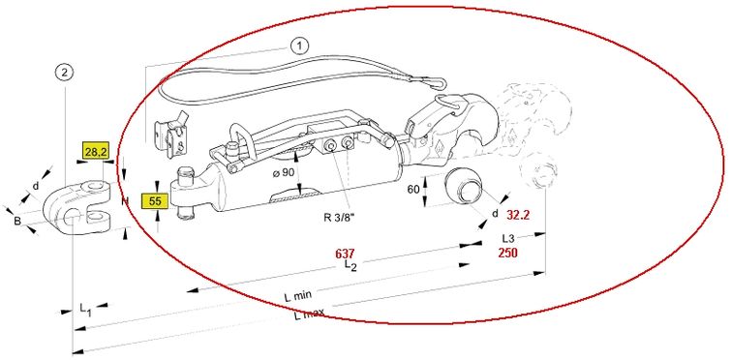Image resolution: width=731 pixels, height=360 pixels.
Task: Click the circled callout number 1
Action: point(298,45)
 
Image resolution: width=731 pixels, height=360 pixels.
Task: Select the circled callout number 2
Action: point(64,73)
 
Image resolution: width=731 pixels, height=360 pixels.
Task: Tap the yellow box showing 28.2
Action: point(96,151)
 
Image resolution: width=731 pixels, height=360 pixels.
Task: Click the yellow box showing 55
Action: point(155,201)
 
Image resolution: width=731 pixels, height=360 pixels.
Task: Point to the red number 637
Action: point(346,254)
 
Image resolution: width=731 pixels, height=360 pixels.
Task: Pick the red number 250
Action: point(507,253)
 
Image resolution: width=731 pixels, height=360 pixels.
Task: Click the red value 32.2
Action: point(519,215)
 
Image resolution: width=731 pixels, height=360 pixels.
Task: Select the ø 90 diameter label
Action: point(283,173)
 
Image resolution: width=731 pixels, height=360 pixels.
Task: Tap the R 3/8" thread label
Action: point(340,217)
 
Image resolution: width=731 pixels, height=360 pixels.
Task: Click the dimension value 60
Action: point(413,190)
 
